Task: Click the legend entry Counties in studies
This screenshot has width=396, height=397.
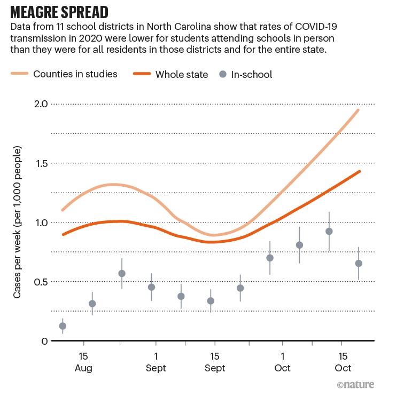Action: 75,74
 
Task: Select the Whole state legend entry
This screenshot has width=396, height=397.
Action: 181,74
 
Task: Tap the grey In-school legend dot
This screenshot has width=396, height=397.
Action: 223,74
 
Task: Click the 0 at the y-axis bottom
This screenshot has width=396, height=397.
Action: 45,341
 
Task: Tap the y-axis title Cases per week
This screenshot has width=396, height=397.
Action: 18,223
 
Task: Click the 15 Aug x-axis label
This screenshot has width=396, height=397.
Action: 83,362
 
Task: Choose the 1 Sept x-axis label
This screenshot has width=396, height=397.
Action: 156,362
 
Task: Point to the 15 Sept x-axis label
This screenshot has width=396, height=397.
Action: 214,362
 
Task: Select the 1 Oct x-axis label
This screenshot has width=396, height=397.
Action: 282,362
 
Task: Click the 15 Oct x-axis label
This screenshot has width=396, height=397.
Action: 343,362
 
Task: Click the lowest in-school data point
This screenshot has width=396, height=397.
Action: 63,326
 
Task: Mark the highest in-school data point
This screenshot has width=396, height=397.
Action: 329,231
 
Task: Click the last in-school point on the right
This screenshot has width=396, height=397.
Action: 359,263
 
